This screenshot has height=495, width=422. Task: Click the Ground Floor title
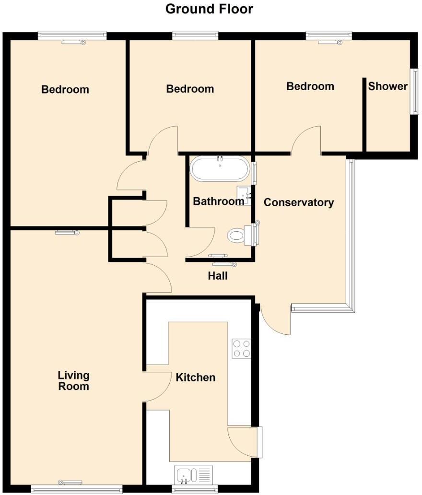(x=209, y=9)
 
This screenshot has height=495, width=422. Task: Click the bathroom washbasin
(x=245, y=196)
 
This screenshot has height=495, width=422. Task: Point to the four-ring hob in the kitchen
(x=241, y=349)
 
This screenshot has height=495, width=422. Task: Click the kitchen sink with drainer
(x=194, y=475)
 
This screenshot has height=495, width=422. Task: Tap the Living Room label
(x=74, y=380)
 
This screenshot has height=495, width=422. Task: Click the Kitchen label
(x=195, y=377)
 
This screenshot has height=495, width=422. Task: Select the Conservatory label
(x=299, y=202)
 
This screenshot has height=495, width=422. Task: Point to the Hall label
(x=217, y=276)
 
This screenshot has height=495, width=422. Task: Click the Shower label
(x=387, y=86)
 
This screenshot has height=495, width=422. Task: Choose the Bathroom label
(x=218, y=201)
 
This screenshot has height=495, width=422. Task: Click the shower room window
(x=413, y=91)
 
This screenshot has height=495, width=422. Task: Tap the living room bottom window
(x=77, y=489)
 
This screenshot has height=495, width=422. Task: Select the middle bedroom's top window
(x=195, y=35)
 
